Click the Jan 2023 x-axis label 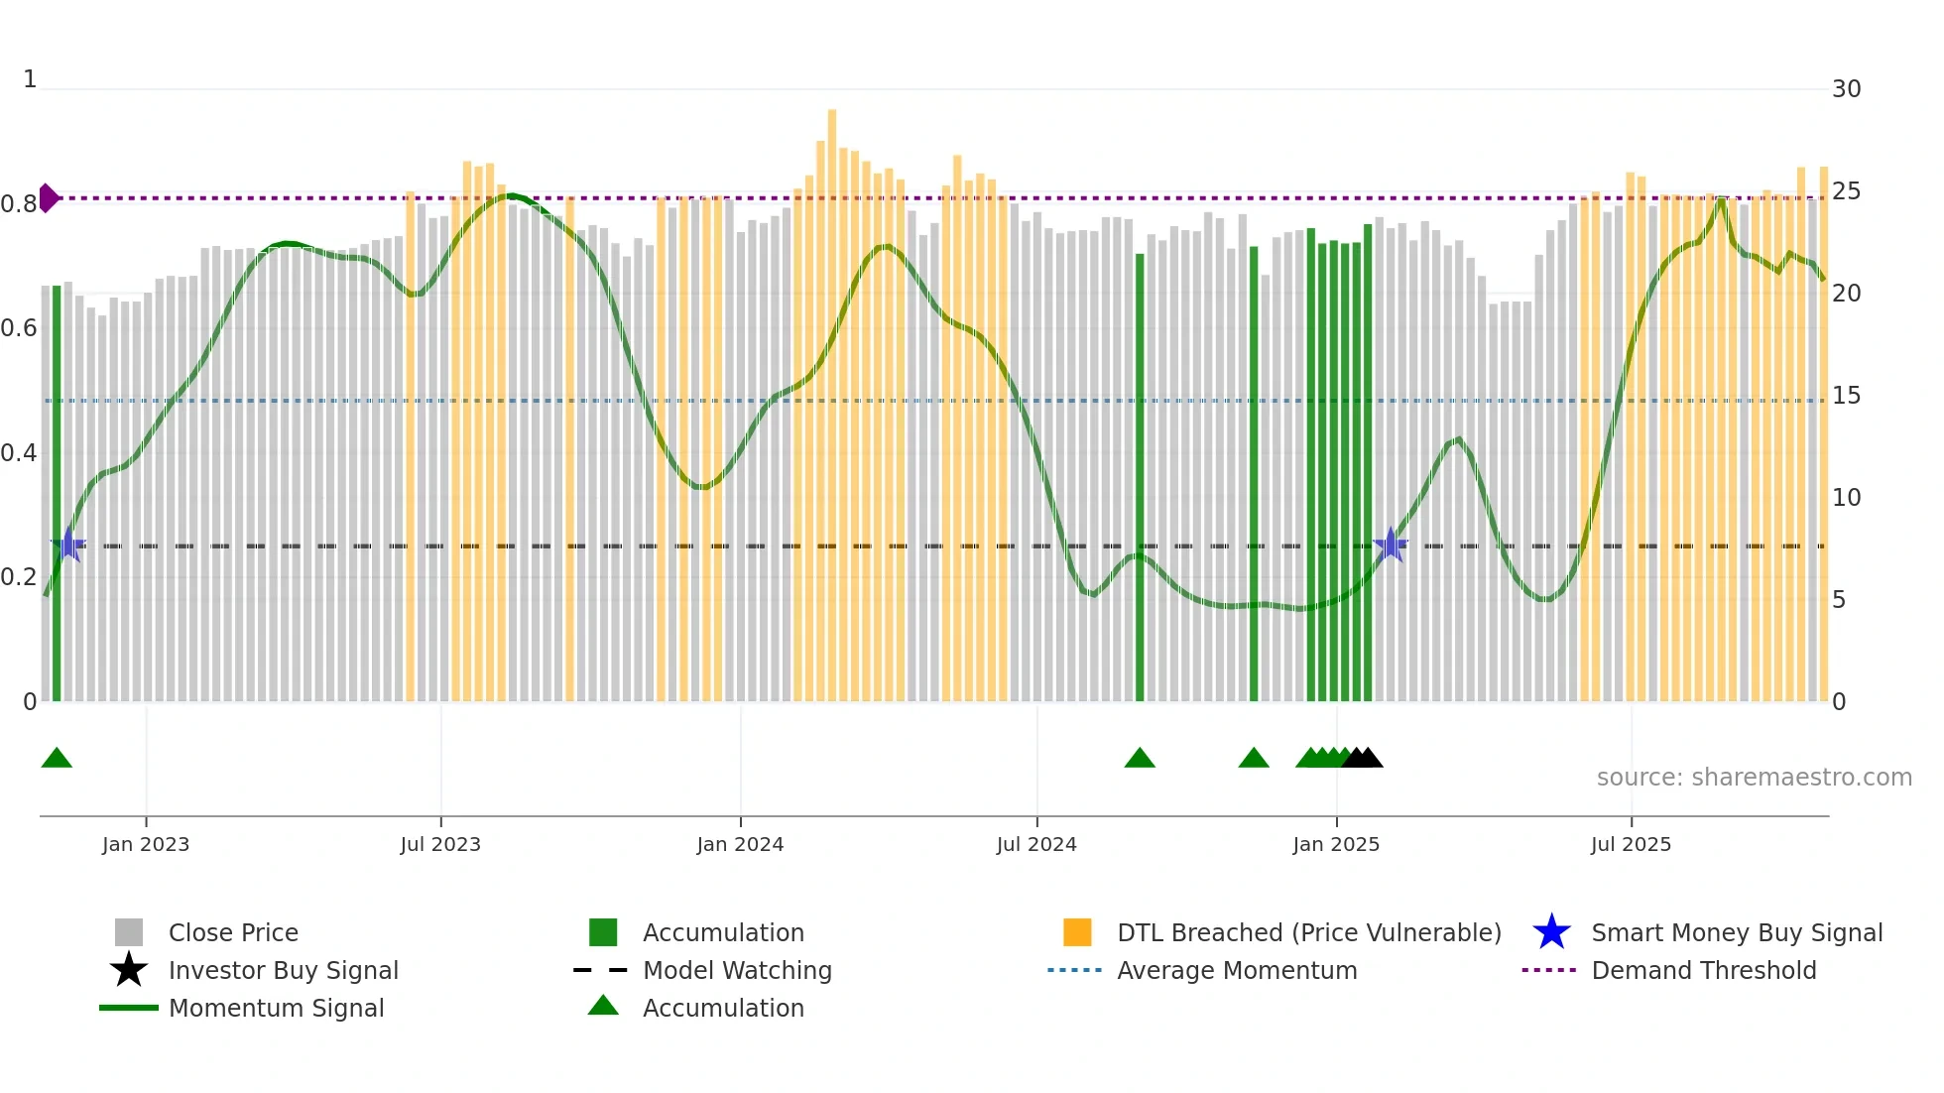click(x=145, y=844)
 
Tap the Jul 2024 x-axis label click(x=1036, y=844)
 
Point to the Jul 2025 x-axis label click(x=1631, y=844)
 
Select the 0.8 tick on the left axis click(x=18, y=204)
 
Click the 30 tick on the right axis click(x=1846, y=89)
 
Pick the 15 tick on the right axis click(x=1846, y=396)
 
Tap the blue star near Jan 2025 click(x=1391, y=545)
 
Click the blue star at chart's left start click(x=68, y=545)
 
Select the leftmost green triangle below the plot click(x=57, y=759)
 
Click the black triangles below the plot click(x=1362, y=759)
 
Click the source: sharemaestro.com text click(x=1754, y=778)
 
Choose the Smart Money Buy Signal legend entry click(x=1736, y=933)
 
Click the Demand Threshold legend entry click(x=1703, y=971)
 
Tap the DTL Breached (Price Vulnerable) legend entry click(x=1308, y=933)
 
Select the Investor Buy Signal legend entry click(x=283, y=971)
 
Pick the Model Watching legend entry click(x=736, y=971)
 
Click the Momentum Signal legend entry click(x=276, y=1009)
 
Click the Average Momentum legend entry click(x=1236, y=971)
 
